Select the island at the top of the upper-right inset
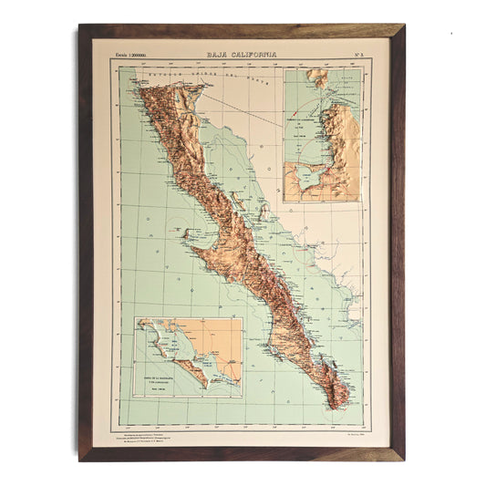point(317,78)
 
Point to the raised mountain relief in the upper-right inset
point(342,137)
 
